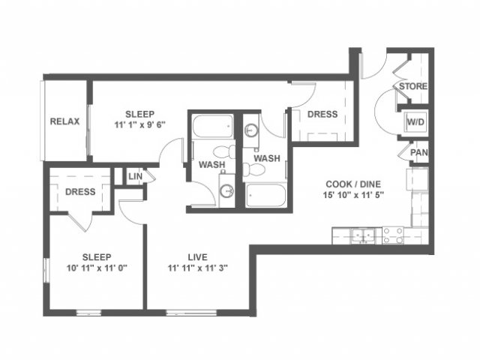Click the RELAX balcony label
pos(64,121)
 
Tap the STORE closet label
pos(413,86)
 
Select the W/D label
pos(415,122)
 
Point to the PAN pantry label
pos(418,152)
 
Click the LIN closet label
pos(135,176)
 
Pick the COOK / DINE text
pos(353,184)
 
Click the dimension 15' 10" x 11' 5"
pos(353,195)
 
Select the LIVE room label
pos(197,257)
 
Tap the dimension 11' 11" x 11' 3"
pos(197,268)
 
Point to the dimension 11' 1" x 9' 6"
pos(140,125)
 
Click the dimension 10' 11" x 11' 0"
pos(97,268)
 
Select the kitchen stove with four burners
pos(393,235)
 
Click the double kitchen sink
pos(363,235)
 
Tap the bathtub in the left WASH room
pos(213,127)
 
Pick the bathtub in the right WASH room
pos(265,195)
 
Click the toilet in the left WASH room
pos(224,151)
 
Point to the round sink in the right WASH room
pos(252,130)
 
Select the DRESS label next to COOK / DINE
pos(322,114)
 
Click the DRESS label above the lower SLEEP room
pos(80,192)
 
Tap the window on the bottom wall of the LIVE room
pos(191,313)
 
